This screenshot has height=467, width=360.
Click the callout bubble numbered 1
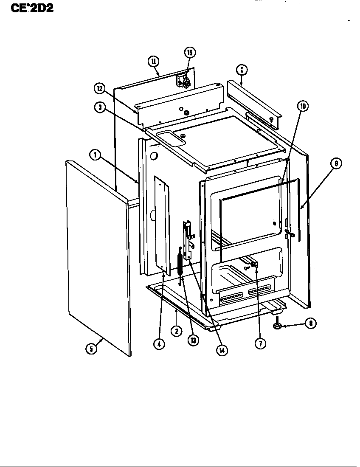tap(95, 155)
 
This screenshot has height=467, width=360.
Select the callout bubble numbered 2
tap(176, 331)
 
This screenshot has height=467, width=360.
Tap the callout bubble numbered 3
tap(100, 107)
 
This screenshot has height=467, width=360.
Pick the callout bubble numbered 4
tap(158, 344)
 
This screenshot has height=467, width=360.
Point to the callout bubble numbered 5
tap(90, 349)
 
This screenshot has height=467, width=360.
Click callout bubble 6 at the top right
tap(241, 70)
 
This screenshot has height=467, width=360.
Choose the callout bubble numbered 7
tap(260, 343)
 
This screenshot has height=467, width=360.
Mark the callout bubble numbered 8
tap(310, 324)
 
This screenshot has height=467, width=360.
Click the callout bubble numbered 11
tap(153, 61)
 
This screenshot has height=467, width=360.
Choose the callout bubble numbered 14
tap(221, 350)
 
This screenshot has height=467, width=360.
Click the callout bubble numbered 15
tap(190, 53)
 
